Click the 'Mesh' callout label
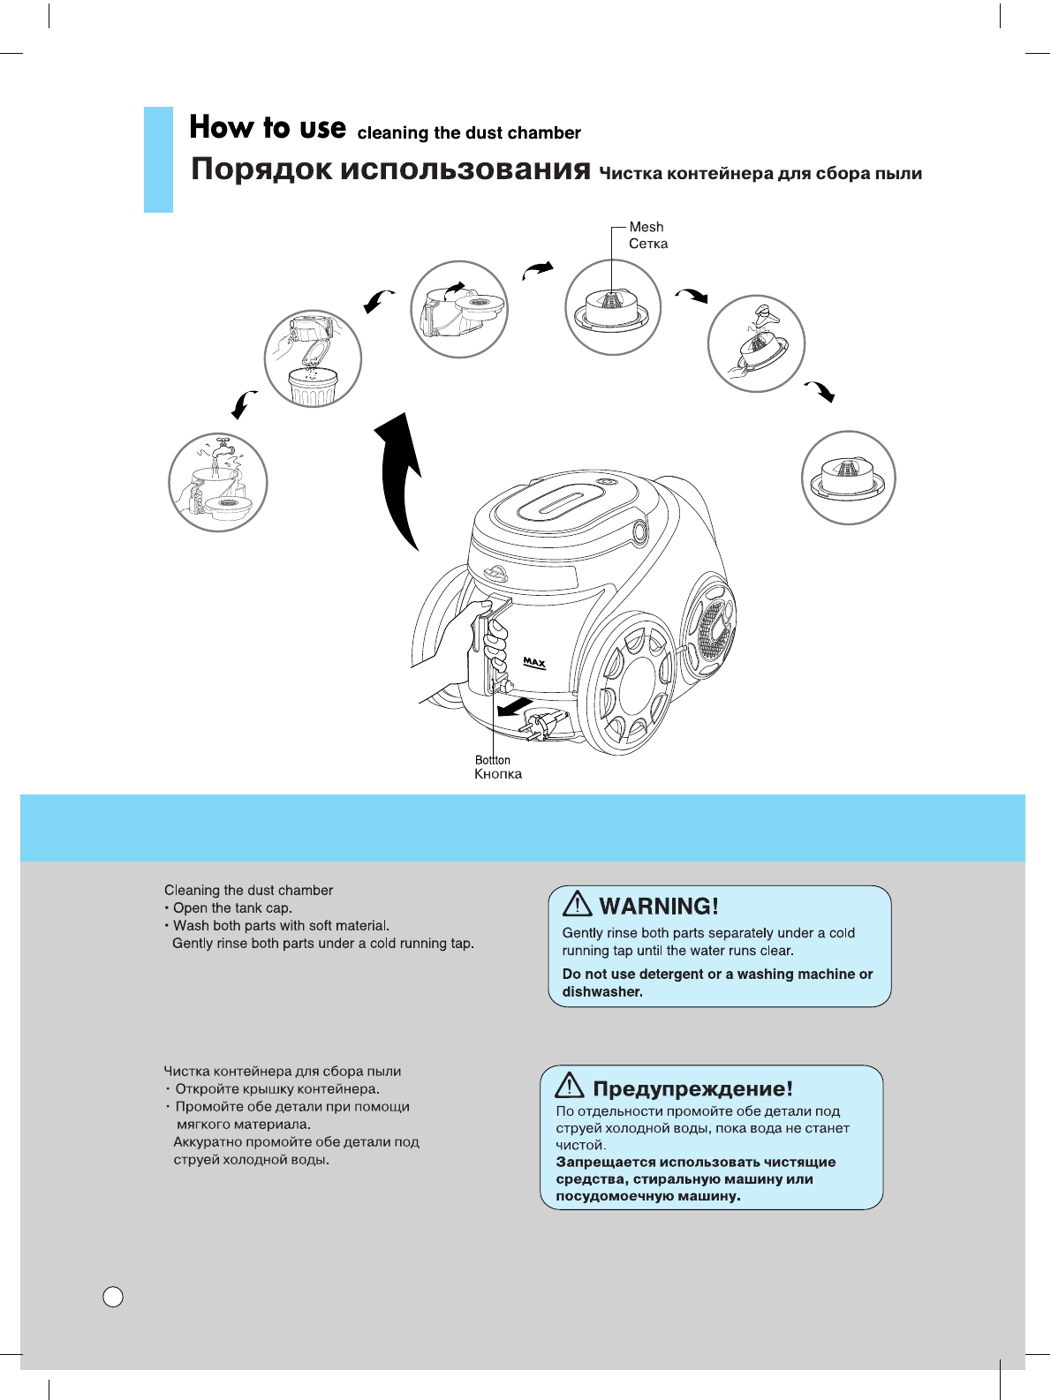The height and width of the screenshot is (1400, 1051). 646,228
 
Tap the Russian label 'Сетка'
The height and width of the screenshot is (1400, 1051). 647,245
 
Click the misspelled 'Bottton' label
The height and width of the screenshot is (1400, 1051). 492,760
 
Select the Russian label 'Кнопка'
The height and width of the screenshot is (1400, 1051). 498,775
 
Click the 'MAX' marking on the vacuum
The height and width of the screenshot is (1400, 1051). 534,662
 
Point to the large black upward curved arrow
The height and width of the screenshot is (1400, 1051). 402,477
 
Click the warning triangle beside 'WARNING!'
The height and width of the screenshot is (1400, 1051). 578,904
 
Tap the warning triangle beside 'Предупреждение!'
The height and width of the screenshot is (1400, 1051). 571,1086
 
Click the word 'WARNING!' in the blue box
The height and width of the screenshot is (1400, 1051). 659,907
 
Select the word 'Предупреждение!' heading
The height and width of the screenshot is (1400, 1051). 692,1089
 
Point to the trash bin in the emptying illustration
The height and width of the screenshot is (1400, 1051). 314,387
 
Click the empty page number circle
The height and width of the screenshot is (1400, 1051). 113,1297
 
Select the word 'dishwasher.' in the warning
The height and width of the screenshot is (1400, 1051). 602,992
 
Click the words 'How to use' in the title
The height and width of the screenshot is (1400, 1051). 268,128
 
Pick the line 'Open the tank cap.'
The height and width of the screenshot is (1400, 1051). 232,908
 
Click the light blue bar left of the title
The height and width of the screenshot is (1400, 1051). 158,160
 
